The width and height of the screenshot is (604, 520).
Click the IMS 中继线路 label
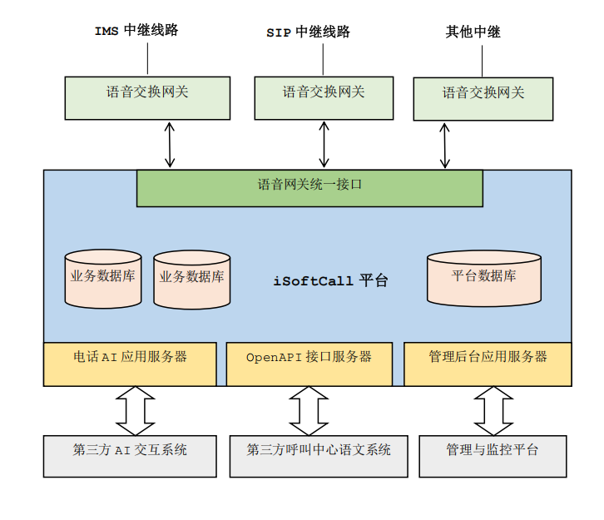point(136,31)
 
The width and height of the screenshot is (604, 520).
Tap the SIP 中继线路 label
point(308,32)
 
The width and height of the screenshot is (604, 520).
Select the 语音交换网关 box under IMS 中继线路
point(147,97)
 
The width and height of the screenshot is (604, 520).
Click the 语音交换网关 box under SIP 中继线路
point(323,97)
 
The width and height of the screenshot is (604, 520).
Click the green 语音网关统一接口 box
point(309,188)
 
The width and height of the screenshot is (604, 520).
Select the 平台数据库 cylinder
point(483,279)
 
